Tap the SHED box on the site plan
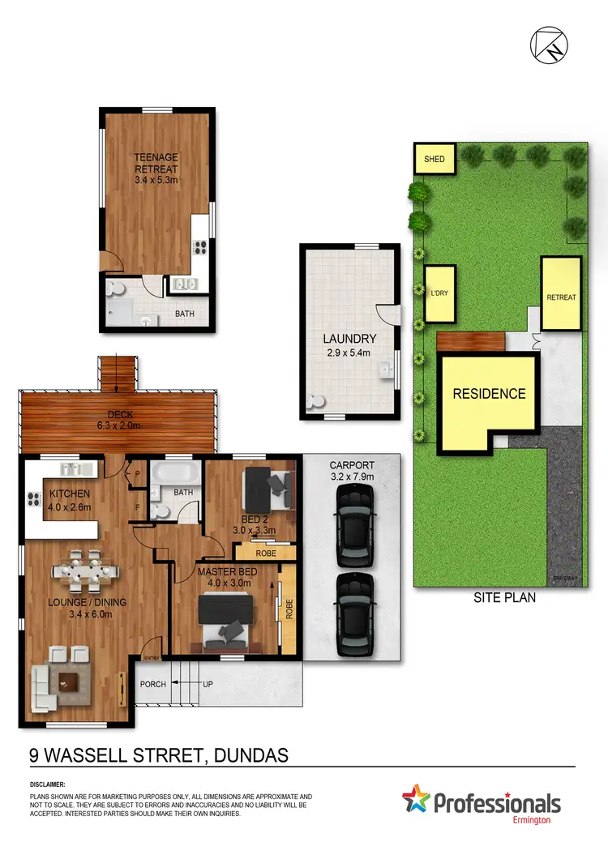tap(435, 159)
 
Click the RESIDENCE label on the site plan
tap(489, 394)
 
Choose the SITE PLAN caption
tap(503, 598)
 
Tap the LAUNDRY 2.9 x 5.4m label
tap(349, 344)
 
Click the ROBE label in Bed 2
tap(265, 553)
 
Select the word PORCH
tap(152, 684)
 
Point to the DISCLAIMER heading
tap(48, 785)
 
